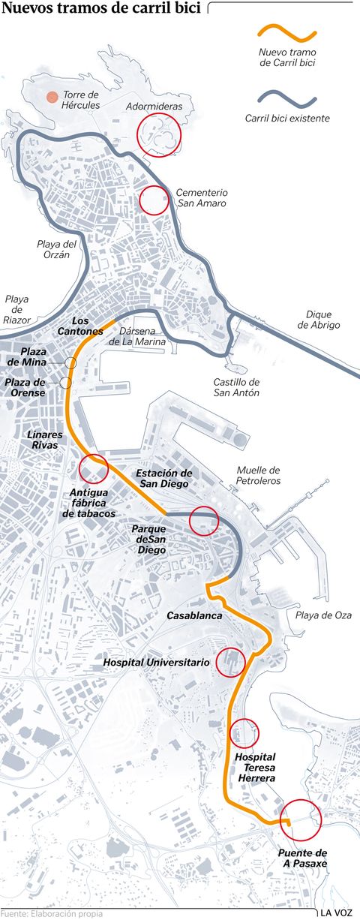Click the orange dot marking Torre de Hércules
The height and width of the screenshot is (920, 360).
(51, 97)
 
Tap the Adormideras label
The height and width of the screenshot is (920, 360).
(154, 107)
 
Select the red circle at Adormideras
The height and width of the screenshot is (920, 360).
(158, 135)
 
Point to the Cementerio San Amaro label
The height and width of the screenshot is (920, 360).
(202, 197)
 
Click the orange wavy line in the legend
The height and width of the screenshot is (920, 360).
(286, 34)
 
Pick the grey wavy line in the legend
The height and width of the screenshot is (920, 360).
(286, 98)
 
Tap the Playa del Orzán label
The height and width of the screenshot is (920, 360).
(58, 249)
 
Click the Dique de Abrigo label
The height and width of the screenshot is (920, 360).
(318, 320)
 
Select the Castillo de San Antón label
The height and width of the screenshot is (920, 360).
(236, 387)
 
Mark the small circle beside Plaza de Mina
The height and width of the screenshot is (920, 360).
(70, 363)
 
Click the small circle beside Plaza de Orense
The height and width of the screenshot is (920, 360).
(66, 383)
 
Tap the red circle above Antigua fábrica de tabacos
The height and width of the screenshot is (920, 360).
(94, 468)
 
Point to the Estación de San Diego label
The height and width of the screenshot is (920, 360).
(163, 479)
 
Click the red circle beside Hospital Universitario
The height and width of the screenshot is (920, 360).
(230, 661)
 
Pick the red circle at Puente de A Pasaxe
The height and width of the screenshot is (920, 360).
(300, 821)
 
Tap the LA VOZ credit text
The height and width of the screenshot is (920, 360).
(336, 912)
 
